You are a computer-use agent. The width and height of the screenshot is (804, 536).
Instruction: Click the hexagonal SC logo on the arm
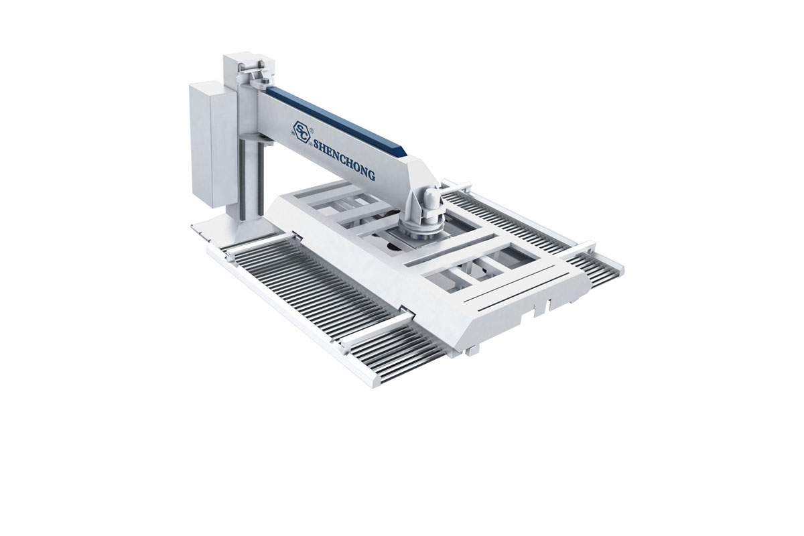pos(301,133)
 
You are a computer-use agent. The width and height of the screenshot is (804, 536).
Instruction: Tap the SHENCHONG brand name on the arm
pos(344,161)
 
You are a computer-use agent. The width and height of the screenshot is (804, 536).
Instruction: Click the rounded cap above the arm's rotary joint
pos(429,197)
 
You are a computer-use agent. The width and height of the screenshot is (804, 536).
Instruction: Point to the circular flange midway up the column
pos(257,139)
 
